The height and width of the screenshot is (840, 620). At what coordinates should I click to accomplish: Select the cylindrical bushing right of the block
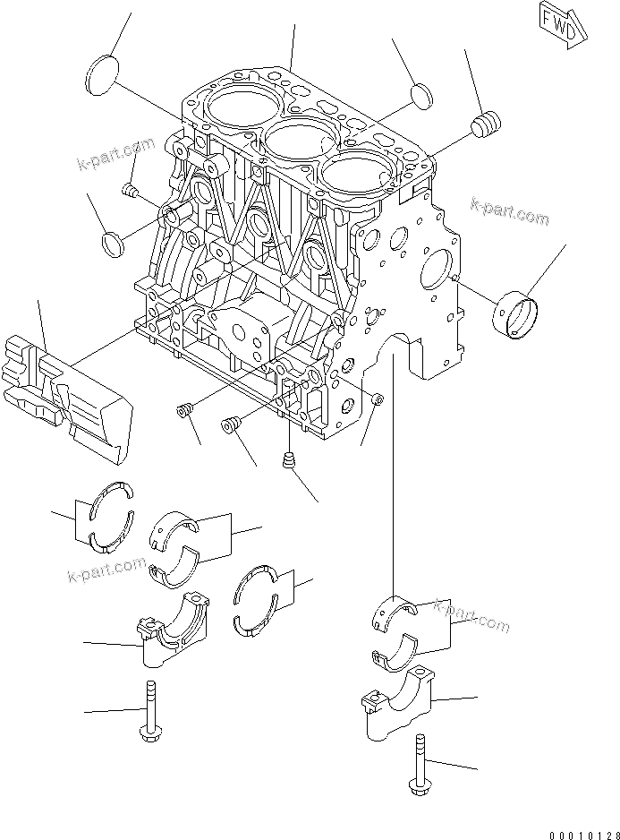[x=517, y=313]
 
